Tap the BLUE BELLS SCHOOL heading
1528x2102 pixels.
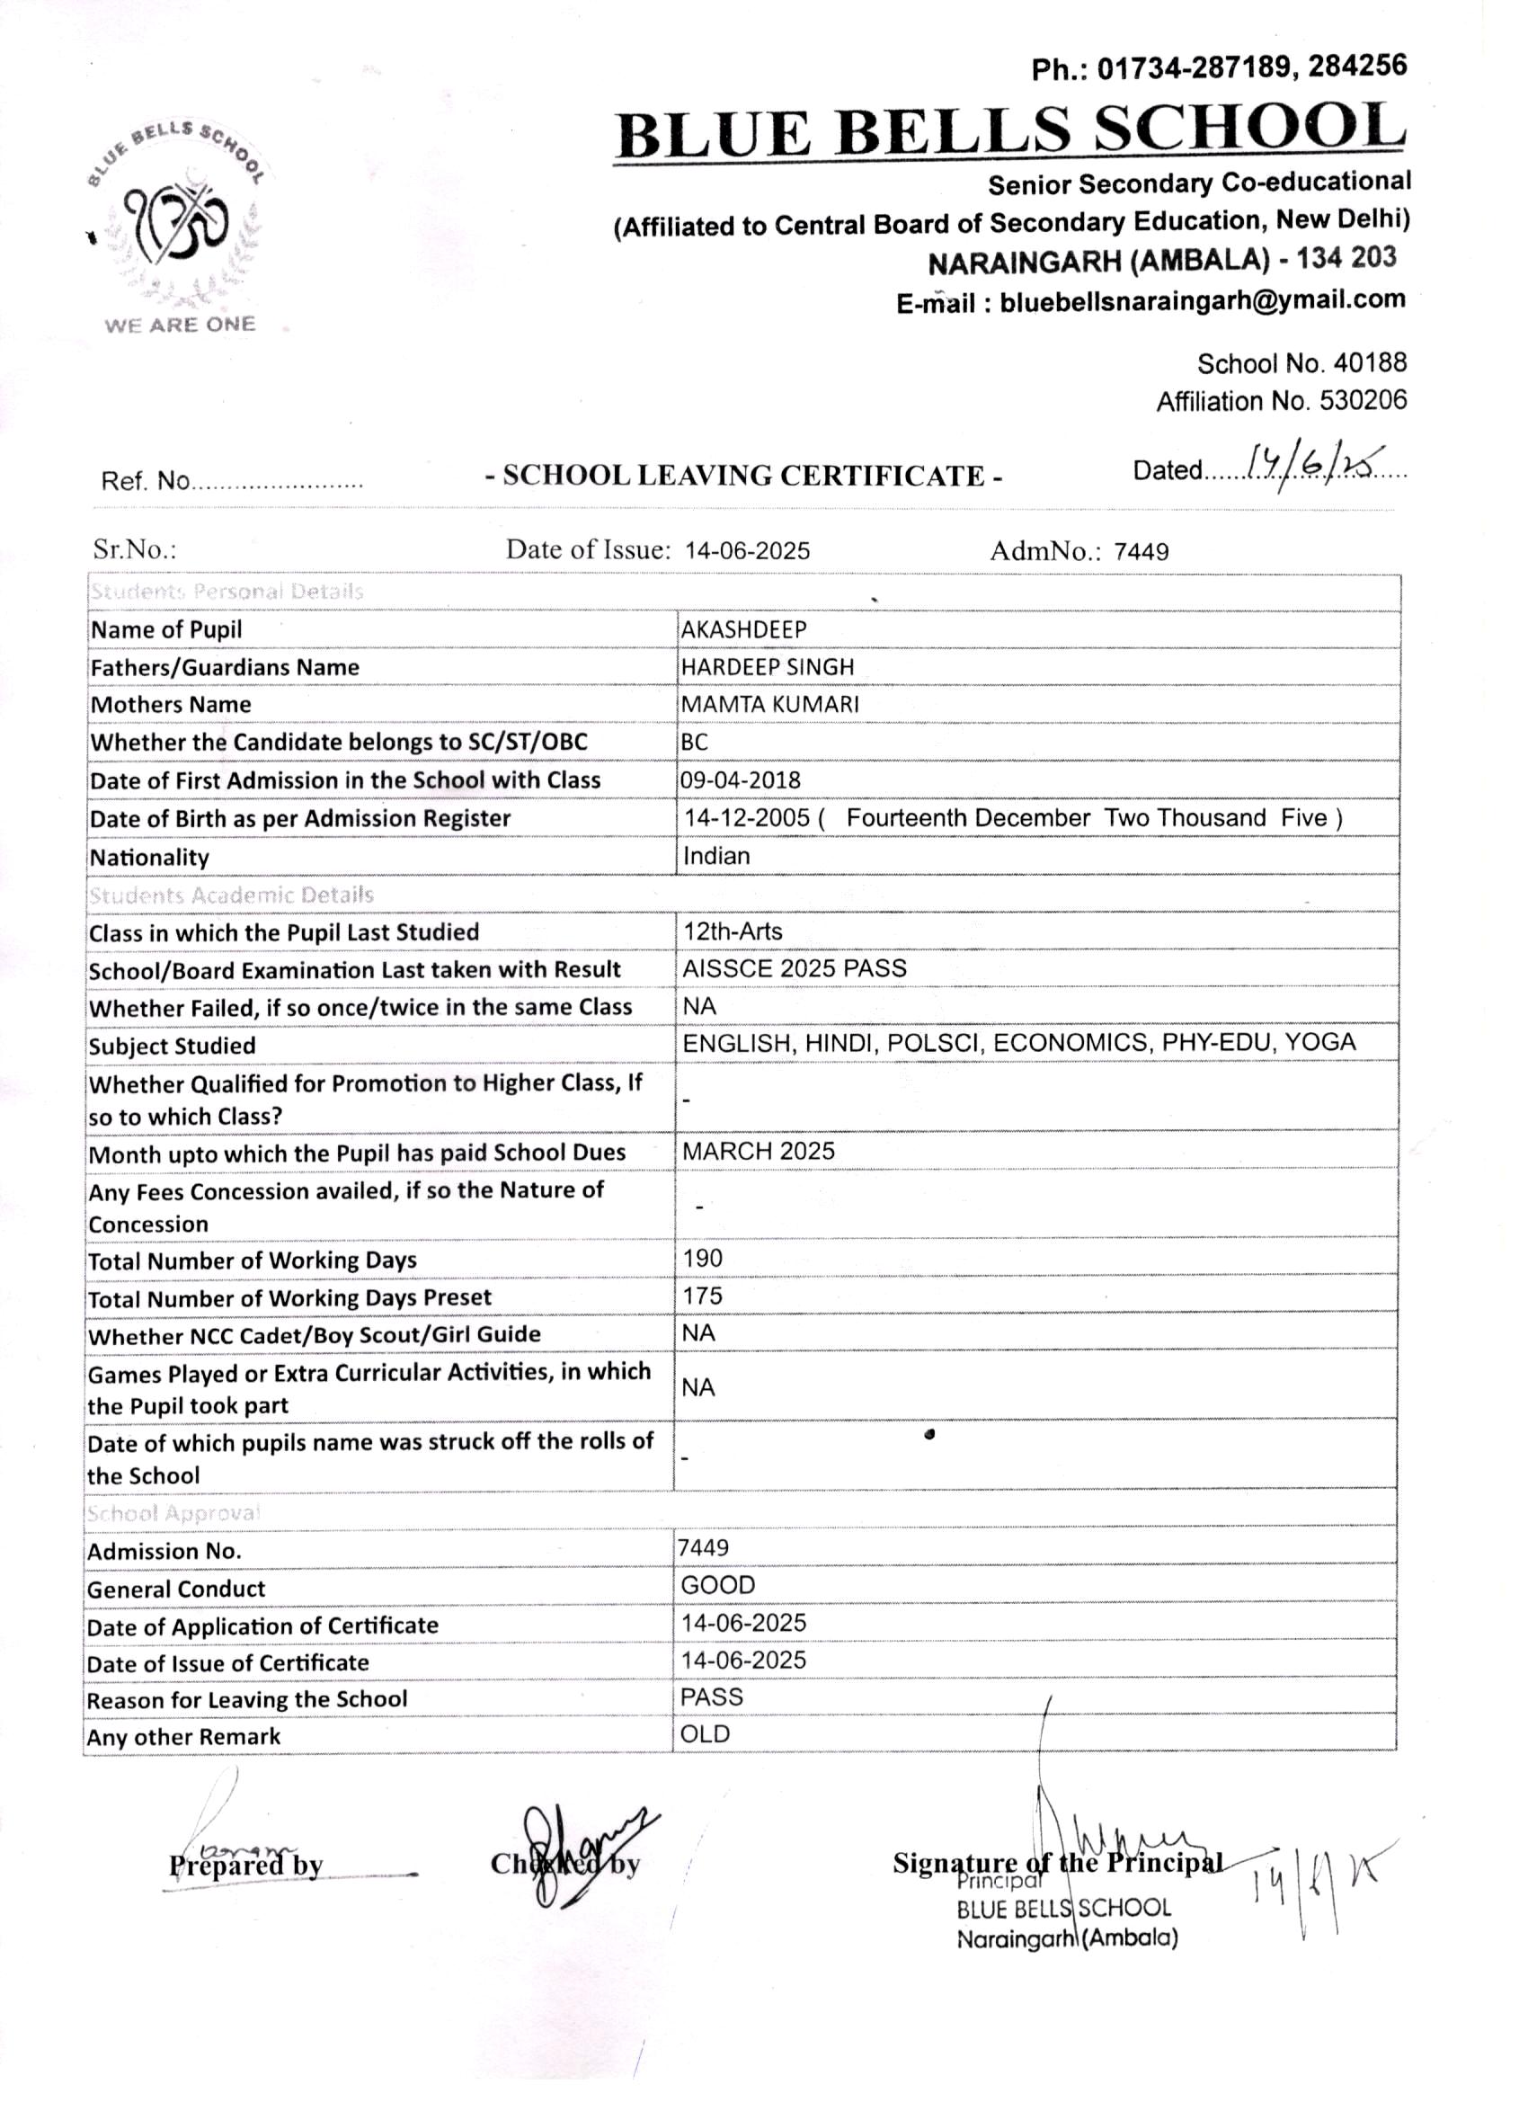pos(1010,131)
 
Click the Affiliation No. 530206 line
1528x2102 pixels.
pos(1281,400)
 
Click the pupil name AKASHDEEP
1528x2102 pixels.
pos(743,629)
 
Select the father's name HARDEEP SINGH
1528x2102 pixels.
pos(768,666)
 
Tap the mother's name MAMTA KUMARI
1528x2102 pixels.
pos(769,703)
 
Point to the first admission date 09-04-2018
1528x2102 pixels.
pos(740,779)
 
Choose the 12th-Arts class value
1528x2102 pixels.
pos(732,931)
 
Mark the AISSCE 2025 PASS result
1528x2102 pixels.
pos(795,968)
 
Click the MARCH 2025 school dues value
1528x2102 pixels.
pos(758,1151)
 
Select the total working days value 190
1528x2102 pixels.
pos(702,1258)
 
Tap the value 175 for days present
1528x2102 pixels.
pos(702,1296)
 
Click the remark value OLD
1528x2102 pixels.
pos(705,1734)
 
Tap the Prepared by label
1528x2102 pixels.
pos(245,1865)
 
